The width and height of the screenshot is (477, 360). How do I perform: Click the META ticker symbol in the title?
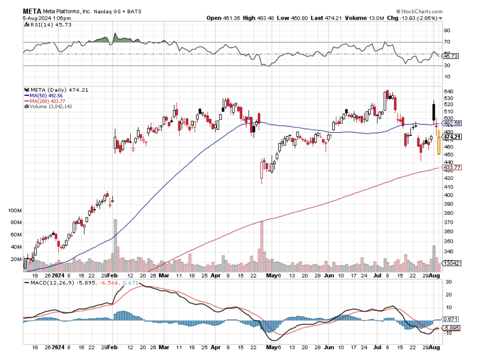pyautogui.click(x=32, y=12)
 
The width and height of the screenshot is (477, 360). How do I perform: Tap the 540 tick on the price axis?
pyautogui.click(x=449, y=91)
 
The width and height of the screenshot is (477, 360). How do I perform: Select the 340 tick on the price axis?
pyautogui.click(x=449, y=252)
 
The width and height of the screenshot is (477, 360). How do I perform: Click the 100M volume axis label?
pyautogui.click(x=14, y=210)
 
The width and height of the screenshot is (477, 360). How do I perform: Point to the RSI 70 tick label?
pyautogui.click(x=447, y=42)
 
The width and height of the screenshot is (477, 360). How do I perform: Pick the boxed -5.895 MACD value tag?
pyautogui.click(x=452, y=328)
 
